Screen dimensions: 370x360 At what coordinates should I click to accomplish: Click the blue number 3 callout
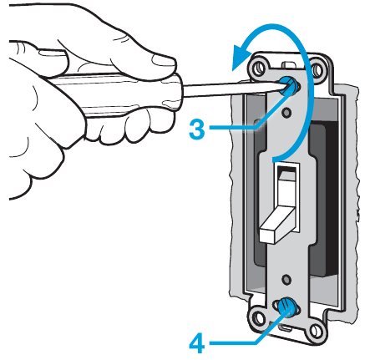[197, 129]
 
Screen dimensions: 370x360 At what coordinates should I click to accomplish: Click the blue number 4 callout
[197, 343]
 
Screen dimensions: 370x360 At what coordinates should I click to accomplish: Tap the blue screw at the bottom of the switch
[286, 307]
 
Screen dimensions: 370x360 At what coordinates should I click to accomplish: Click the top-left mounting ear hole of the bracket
[260, 67]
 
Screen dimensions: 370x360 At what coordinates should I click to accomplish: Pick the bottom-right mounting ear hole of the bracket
[315, 331]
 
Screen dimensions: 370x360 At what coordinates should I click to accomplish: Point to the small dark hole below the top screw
[286, 113]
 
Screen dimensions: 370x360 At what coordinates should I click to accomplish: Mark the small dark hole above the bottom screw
[286, 279]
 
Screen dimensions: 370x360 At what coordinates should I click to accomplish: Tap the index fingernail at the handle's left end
[52, 53]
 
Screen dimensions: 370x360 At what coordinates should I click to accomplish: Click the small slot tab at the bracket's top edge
[289, 64]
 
